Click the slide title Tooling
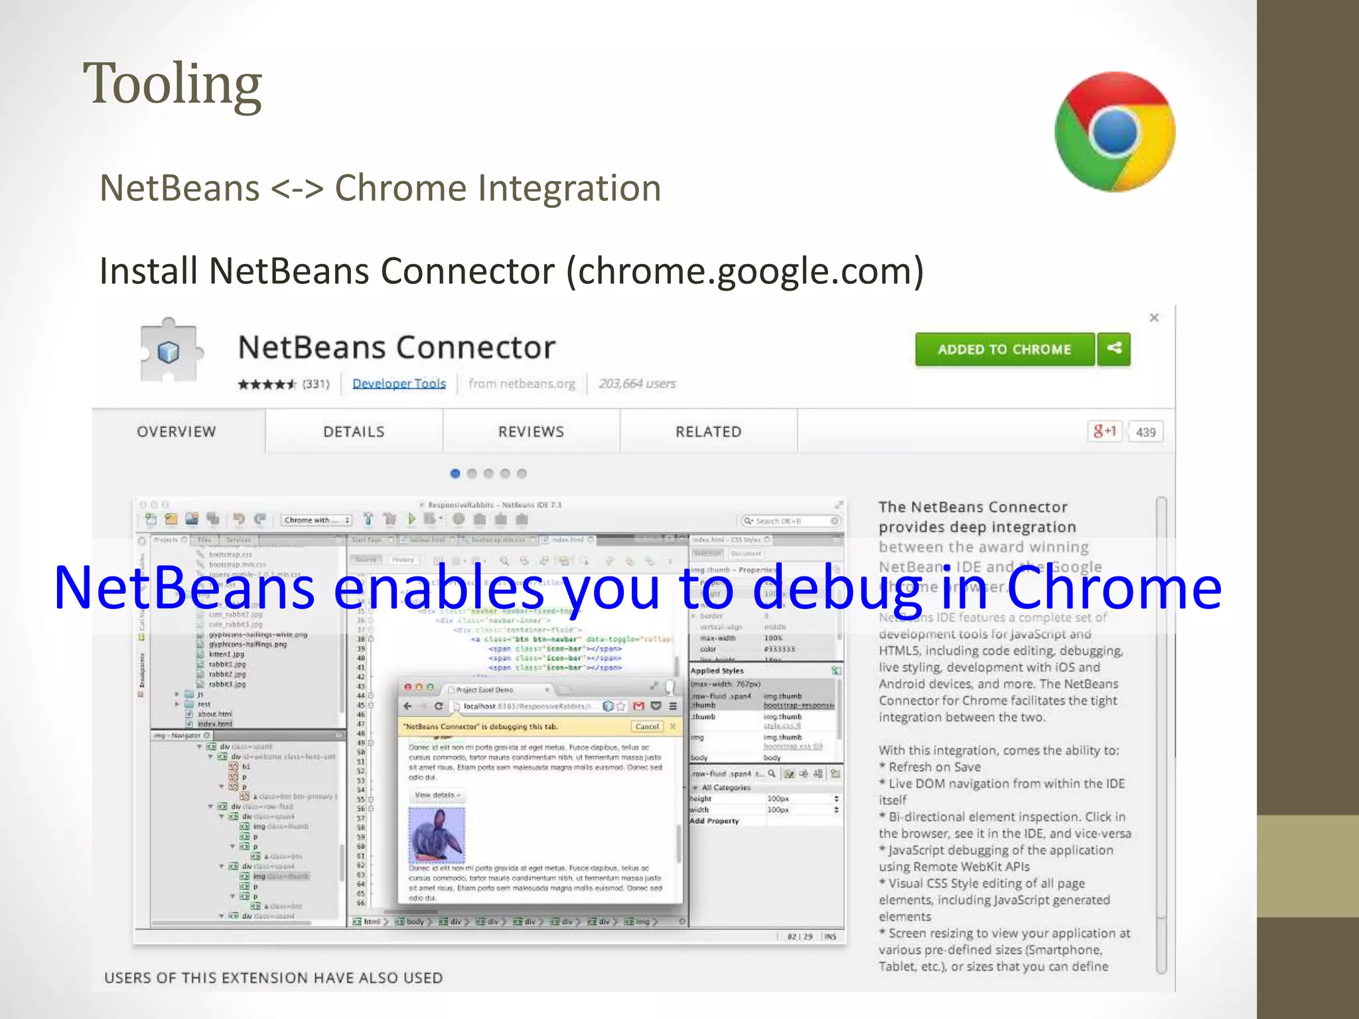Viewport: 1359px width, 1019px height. coord(173,84)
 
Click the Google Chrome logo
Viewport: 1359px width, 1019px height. coord(1115,132)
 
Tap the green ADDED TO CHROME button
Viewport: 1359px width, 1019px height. coord(1004,350)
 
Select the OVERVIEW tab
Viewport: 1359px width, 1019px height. coord(177,432)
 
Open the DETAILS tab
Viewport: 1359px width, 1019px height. coord(354,432)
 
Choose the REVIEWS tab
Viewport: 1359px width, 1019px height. coord(531,432)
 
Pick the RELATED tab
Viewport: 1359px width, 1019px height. coord(708,432)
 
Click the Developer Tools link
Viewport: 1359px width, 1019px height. coord(399,383)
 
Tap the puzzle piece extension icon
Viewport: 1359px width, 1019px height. coord(169,350)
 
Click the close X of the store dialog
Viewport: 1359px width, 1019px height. coord(1154,318)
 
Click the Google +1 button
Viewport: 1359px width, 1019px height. coord(1105,432)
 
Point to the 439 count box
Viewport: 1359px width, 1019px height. coord(1146,433)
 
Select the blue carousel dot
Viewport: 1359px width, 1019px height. coord(455,474)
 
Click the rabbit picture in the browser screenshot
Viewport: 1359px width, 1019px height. coord(437,835)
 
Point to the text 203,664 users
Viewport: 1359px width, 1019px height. coord(637,383)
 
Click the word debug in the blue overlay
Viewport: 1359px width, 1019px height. coord(837,588)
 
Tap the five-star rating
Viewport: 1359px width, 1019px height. coord(267,384)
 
